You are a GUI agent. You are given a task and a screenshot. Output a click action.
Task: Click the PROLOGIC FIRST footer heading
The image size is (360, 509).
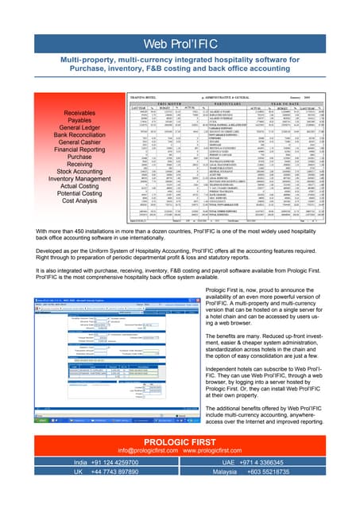180,442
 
